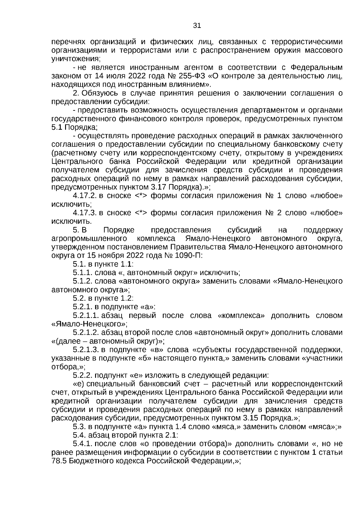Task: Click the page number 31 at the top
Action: (x=197, y=26)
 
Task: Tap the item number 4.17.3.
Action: (x=84, y=213)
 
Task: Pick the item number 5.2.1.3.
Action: (x=86, y=350)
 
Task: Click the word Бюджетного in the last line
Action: (x=91, y=461)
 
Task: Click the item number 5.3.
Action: (x=79, y=427)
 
